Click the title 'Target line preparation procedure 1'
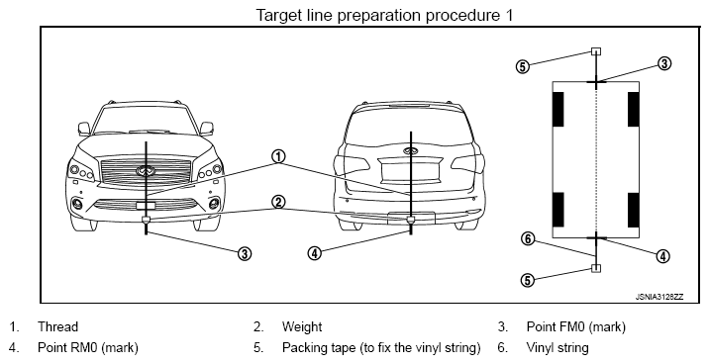(x=385, y=15)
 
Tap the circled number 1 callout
(x=278, y=157)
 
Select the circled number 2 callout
(x=278, y=202)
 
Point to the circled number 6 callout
(x=528, y=238)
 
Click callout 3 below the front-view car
(x=244, y=253)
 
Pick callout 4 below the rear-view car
(x=314, y=253)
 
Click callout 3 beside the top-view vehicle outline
(x=663, y=63)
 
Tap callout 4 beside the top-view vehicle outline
(x=662, y=256)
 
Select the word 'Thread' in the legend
(x=58, y=326)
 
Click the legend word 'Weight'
(x=302, y=326)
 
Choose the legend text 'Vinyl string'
(x=558, y=348)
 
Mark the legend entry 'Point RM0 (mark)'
(x=88, y=348)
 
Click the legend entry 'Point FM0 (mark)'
(x=576, y=326)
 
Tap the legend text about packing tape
(x=381, y=348)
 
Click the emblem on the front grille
(x=146, y=170)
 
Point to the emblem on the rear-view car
(x=410, y=151)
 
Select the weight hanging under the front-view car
(x=146, y=221)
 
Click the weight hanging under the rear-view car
(x=411, y=221)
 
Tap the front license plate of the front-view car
(x=146, y=206)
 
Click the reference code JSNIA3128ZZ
(x=659, y=297)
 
